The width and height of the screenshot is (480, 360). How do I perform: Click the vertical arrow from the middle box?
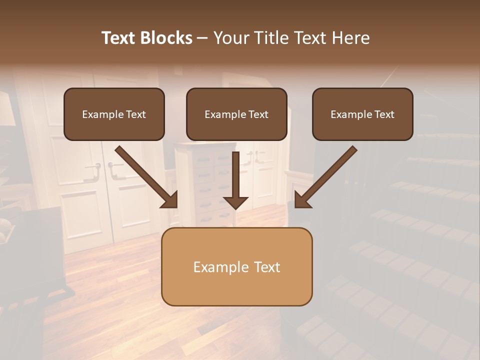pyautogui.click(x=235, y=175)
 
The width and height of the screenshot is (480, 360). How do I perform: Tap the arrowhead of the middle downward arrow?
pyautogui.click(x=235, y=202)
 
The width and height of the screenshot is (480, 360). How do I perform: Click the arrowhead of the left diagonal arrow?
pyautogui.click(x=170, y=200)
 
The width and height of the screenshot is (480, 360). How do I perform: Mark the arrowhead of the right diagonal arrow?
pyautogui.click(x=302, y=200)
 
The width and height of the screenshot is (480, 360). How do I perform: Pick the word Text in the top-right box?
pyautogui.click(x=384, y=114)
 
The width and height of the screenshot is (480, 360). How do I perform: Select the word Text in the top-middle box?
pyautogui.click(x=258, y=114)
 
